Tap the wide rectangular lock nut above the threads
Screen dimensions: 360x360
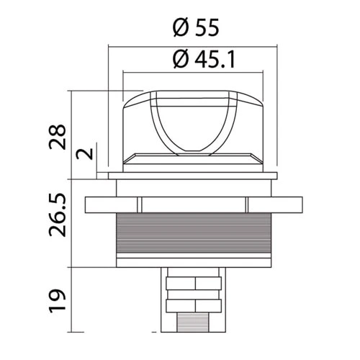pyautogui.click(x=192, y=205)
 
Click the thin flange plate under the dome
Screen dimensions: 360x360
pyautogui.click(x=192, y=175)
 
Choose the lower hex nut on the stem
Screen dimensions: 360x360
pyautogui.click(x=192, y=306)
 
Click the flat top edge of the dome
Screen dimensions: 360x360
pyautogui.click(x=192, y=93)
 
